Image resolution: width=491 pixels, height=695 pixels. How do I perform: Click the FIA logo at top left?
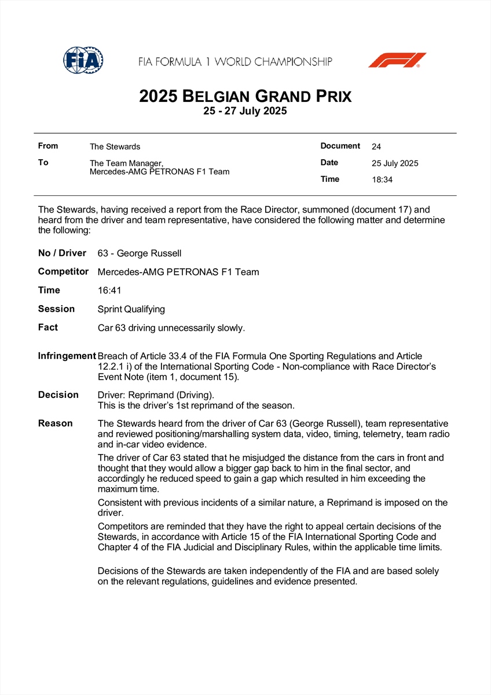point(83,60)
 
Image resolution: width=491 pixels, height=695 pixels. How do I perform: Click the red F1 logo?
point(397,60)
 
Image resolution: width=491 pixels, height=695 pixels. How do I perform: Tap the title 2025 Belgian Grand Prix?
point(245,96)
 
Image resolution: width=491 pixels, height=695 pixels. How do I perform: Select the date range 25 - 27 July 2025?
point(245,111)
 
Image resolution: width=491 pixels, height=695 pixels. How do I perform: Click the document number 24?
point(376,147)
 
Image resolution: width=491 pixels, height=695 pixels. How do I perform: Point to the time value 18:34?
point(382,180)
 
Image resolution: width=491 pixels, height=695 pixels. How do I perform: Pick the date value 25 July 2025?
point(395,163)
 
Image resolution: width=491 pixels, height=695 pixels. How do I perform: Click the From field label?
point(47,146)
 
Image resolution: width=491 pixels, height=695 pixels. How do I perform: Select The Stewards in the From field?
point(115,147)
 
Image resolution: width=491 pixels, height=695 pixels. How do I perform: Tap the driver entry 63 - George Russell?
point(139,253)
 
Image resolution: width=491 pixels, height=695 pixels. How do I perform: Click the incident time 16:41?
point(108,290)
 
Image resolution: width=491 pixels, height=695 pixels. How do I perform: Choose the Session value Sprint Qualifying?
point(131,309)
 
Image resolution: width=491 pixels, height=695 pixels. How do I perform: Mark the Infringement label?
point(67,356)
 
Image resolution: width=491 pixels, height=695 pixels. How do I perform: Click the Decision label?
point(58,394)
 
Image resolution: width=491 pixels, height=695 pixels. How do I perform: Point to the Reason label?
point(56,423)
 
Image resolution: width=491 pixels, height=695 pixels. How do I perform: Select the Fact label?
point(48,327)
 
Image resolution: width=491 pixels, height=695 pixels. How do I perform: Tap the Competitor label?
point(63,271)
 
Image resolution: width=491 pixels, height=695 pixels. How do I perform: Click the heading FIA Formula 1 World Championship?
point(235,61)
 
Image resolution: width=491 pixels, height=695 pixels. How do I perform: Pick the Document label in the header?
point(340,146)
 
